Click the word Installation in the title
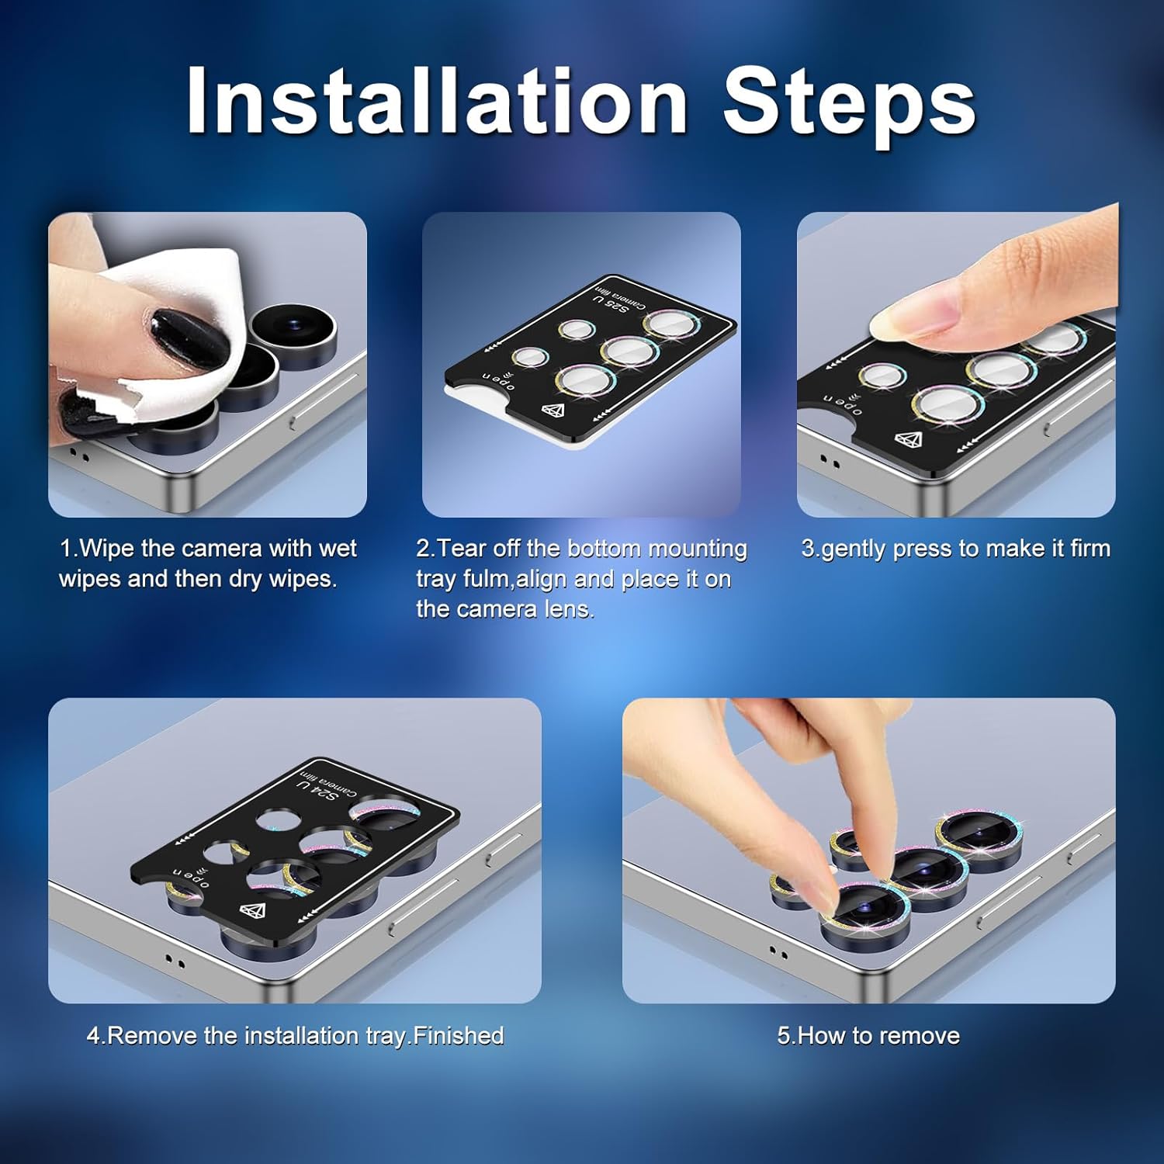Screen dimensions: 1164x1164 (437, 101)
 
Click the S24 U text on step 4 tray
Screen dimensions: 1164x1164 (317, 791)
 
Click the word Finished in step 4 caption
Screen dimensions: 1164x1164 (459, 1036)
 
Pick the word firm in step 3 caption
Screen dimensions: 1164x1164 (1090, 549)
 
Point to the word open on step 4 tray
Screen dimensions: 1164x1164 (191, 877)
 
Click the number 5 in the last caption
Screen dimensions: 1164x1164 (783, 1036)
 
